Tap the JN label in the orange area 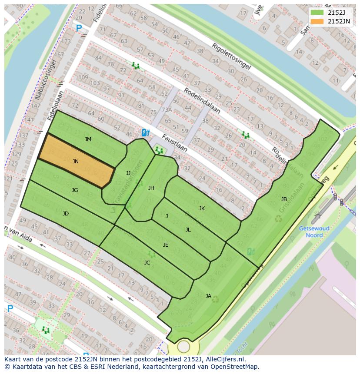tap(76, 162)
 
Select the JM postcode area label tap(88, 139)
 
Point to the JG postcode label tap(75, 190)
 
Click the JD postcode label tap(66, 214)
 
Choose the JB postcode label tap(284, 199)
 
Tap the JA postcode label tap(208, 296)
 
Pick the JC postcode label tap(147, 263)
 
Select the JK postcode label tap(202, 209)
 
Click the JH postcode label tap(151, 188)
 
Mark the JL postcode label tap(188, 230)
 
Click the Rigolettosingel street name tap(231, 56)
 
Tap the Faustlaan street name tap(174, 143)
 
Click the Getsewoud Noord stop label tap(314, 232)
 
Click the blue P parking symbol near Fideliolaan tap(79, 29)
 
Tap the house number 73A tap(167, 110)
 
